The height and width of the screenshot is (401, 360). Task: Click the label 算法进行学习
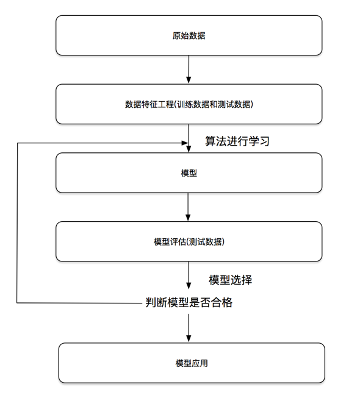point(237,141)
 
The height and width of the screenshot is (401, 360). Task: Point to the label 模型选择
point(231,280)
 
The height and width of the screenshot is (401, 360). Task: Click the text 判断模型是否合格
point(189,302)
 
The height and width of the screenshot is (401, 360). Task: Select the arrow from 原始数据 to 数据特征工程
point(189,69)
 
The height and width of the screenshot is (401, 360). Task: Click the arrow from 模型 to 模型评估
point(189,207)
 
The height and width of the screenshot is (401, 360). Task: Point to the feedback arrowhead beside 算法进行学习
point(184,143)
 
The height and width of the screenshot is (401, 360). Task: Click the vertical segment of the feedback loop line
point(17,222)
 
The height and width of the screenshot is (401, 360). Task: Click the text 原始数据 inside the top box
point(189,35)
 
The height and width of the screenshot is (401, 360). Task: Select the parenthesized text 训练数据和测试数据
point(214,104)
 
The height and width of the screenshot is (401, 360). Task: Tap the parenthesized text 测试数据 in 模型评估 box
point(207,242)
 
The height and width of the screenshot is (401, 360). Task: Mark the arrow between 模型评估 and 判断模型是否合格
point(189,277)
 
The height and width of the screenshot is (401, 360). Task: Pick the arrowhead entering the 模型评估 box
point(189,218)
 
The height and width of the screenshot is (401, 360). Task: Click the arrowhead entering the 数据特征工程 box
point(189,80)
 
